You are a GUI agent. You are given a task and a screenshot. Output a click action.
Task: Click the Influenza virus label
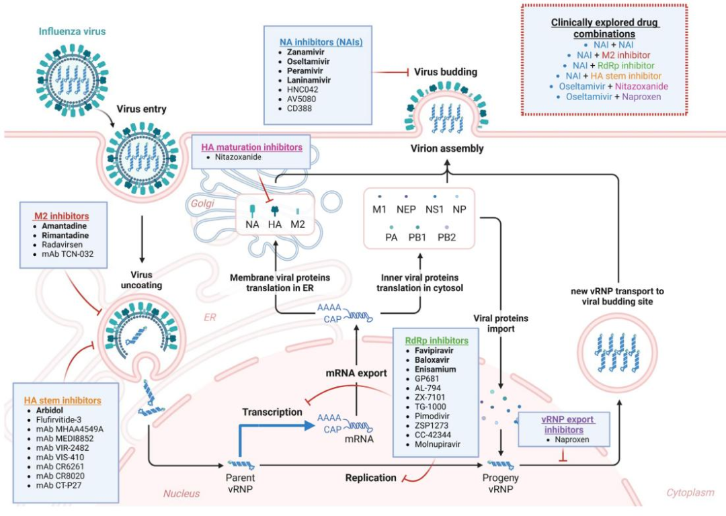point(72,32)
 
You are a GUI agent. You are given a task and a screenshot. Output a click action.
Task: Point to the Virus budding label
point(446,71)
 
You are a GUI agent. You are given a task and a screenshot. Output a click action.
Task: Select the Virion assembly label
point(448,148)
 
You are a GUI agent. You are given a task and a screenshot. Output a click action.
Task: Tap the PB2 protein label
point(448,238)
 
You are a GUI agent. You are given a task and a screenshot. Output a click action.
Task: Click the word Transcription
point(272,412)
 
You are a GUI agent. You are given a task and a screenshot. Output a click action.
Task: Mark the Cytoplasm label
point(690,492)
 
